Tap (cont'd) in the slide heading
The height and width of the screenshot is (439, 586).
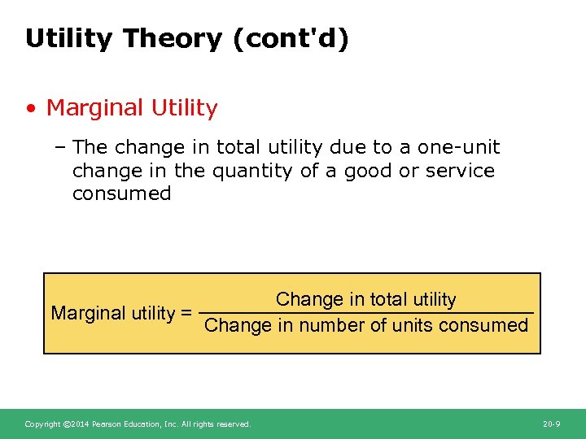tap(291, 39)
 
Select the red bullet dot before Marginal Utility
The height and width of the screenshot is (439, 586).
tap(30, 108)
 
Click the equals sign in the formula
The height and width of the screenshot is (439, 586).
tap(186, 313)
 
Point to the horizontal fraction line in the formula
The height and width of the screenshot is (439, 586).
tap(366, 313)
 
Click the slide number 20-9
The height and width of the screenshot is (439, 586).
tap(551, 424)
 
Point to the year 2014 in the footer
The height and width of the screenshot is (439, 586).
tap(80, 424)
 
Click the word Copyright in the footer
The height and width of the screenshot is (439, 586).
tap(42, 424)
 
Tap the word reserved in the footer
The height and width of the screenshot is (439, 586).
tap(234, 424)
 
